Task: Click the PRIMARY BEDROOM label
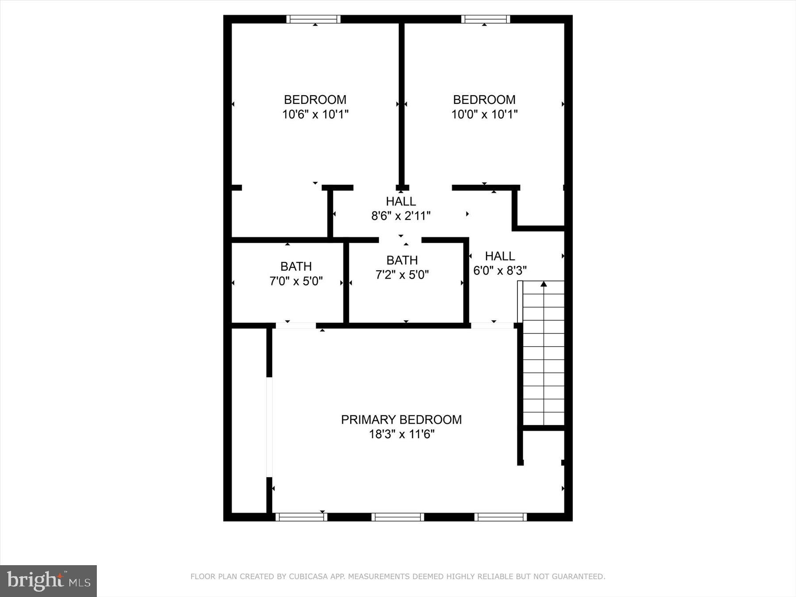pyautogui.click(x=401, y=420)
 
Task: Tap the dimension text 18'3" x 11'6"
pyautogui.click(x=402, y=434)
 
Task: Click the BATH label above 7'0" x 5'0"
pyautogui.click(x=296, y=266)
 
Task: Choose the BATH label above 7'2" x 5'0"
pyautogui.click(x=402, y=260)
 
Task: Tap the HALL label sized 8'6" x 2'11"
pyautogui.click(x=401, y=202)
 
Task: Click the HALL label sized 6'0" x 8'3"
pyautogui.click(x=500, y=256)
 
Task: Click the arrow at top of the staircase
pyautogui.click(x=543, y=284)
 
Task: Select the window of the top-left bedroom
pyautogui.click(x=314, y=19)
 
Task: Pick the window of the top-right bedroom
pyautogui.click(x=486, y=19)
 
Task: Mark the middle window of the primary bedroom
pyautogui.click(x=398, y=517)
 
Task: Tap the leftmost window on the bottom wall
pyautogui.click(x=301, y=517)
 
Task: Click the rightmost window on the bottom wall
pyautogui.click(x=501, y=517)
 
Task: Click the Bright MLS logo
pyautogui.click(x=48, y=581)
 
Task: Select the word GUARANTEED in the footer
pyautogui.click(x=579, y=577)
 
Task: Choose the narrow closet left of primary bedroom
pyautogui.click(x=249, y=420)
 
